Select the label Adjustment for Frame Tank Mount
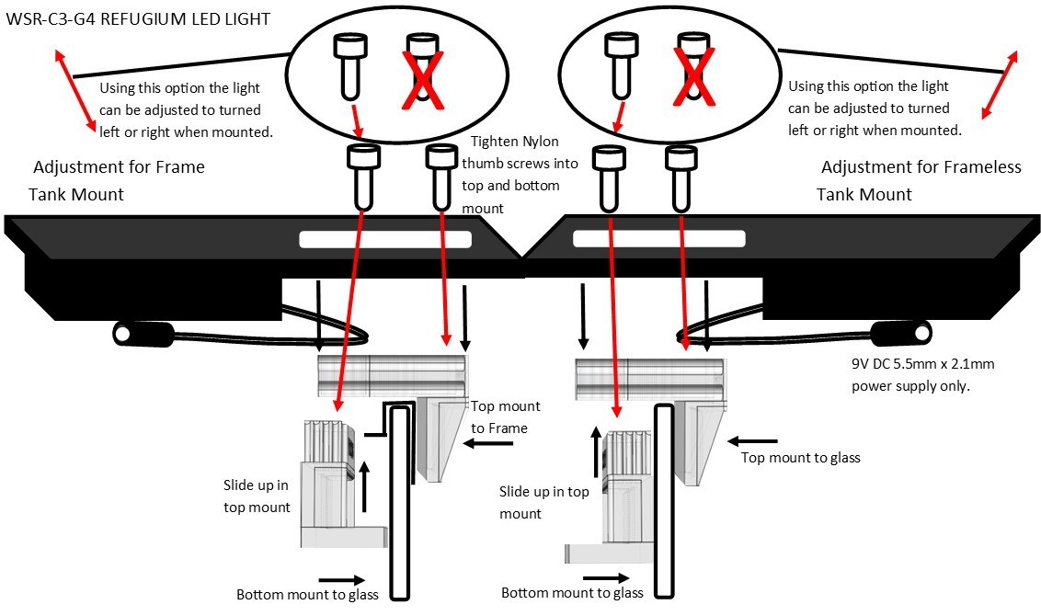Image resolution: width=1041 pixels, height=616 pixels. click(x=118, y=180)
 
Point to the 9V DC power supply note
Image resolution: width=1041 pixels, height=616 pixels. click(x=923, y=375)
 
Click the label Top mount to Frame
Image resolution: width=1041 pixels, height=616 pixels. click(x=505, y=416)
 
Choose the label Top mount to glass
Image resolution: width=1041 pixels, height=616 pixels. click(x=800, y=457)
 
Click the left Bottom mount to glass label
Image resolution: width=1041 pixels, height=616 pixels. click(x=307, y=593)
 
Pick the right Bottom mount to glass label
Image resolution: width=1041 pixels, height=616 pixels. click(x=572, y=592)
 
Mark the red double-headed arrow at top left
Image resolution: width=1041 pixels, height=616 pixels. click(x=77, y=93)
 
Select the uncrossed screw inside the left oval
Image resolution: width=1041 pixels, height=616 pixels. click(x=349, y=64)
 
